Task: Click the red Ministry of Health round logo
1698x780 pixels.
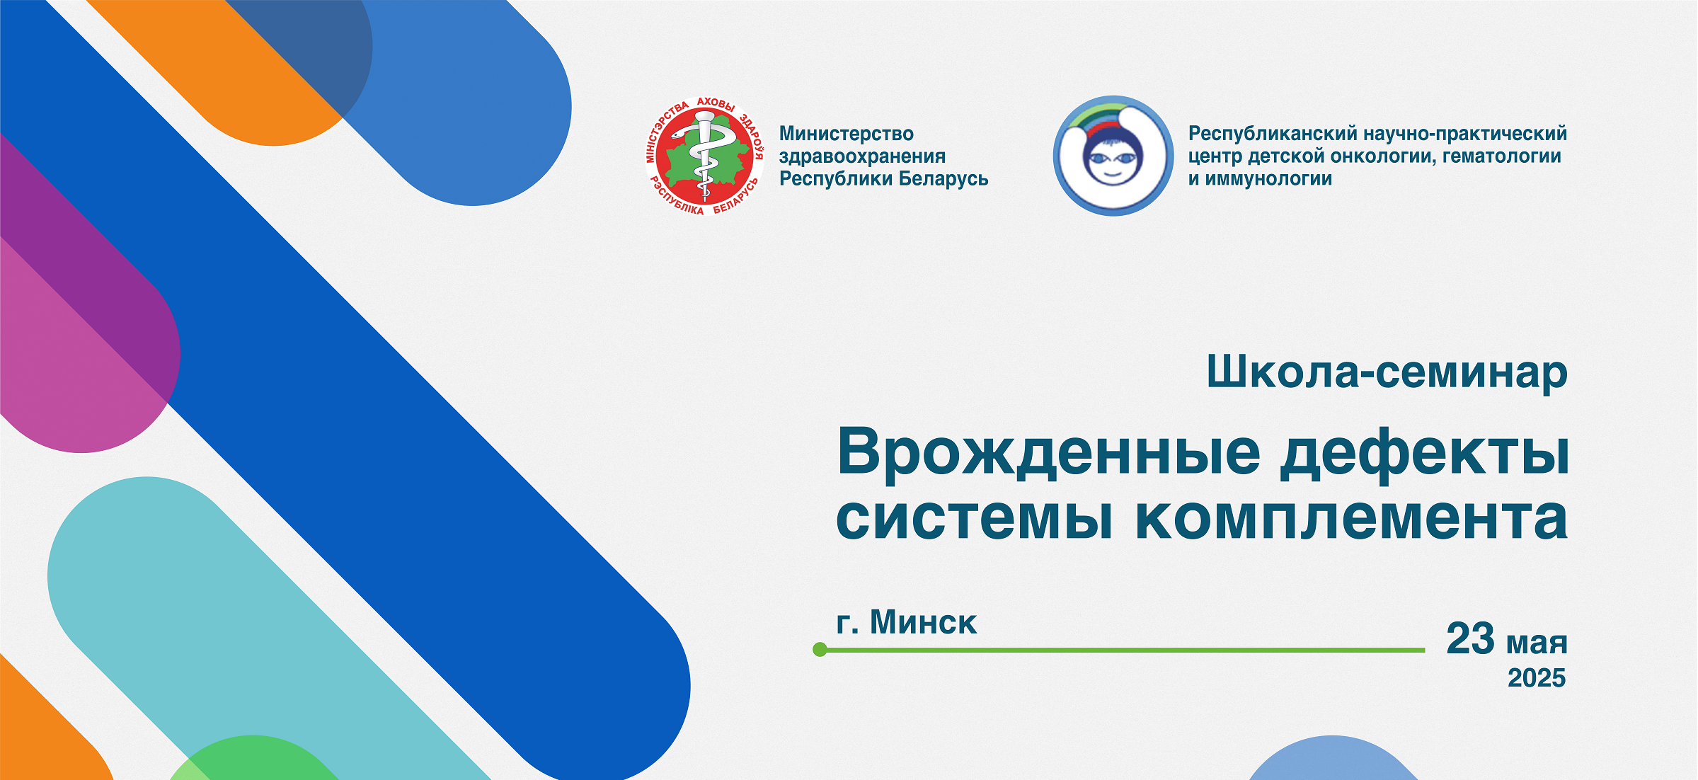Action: pos(705,156)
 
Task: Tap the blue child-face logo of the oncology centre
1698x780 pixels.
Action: pos(1113,156)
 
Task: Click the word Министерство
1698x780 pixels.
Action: pos(847,134)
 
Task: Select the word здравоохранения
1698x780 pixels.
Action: pos(862,156)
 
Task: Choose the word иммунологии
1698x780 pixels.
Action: pos(1268,179)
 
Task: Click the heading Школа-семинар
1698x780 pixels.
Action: pos(1387,372)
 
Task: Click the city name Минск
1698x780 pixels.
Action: pos(923,622)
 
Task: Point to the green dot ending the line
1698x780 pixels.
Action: pos(820,649)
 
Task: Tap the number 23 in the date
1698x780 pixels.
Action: pos(1470,638)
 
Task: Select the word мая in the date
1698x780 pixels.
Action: pos(1537,644)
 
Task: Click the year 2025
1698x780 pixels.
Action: pos(1537,678)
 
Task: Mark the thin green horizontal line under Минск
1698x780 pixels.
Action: pos(1123,650)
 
